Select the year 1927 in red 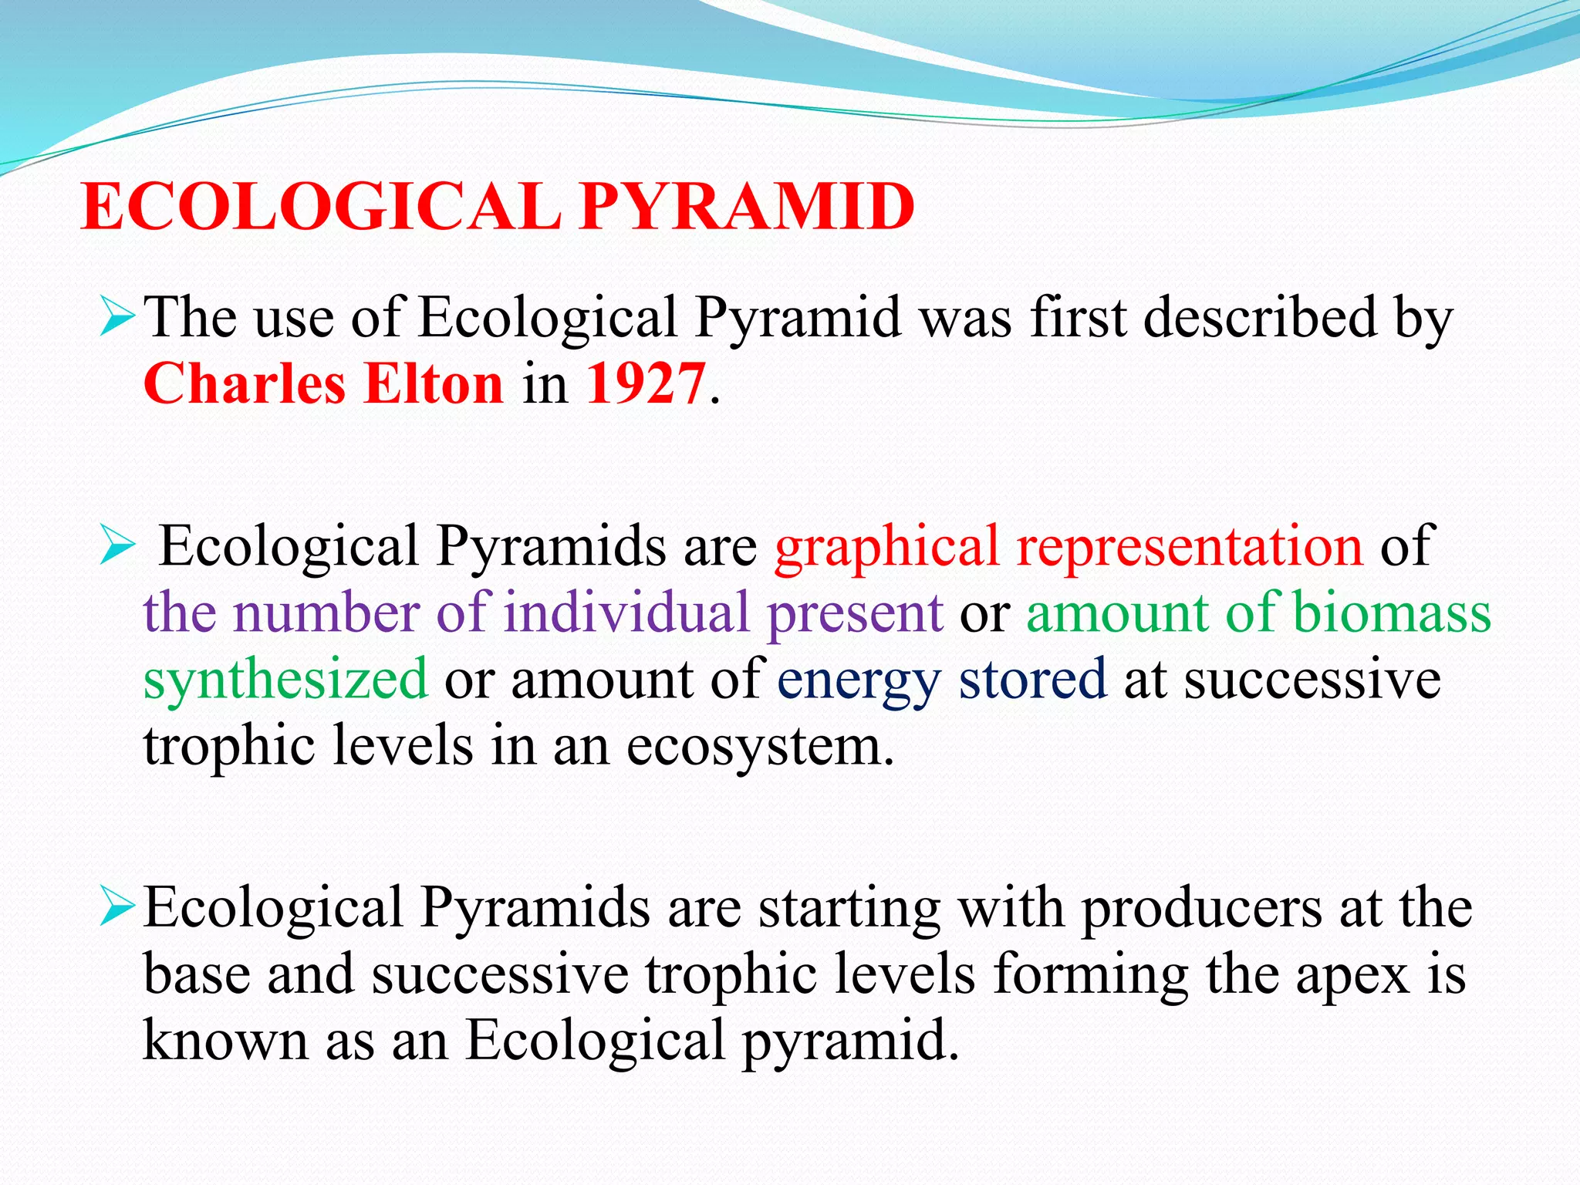(646, 383)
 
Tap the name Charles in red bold (244, 383)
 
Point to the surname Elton (434, 383)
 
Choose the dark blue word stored (1032, 679)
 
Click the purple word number (326, 613)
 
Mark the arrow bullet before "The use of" (117, 319)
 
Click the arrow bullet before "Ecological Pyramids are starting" (117, 908)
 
